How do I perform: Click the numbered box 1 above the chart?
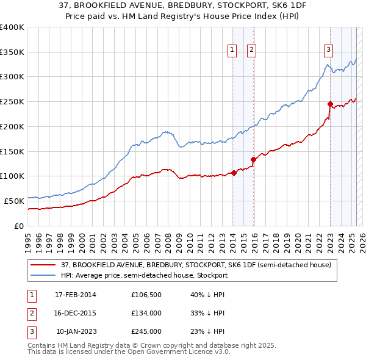pyautogui.click(x=232, y=51)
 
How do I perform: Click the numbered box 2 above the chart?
pyautogui.click(x=251, y=51)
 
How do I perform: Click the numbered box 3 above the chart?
pyautogui.click(x=328, y=51)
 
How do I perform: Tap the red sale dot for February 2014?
pyautogui.click(x=234, y=173)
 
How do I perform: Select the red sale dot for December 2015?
pyautogui.click(x=254, y=159)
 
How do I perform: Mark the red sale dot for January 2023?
pyautogui.click(x=330, y=104)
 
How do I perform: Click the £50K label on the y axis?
pyautogui.click(x=13, y=200)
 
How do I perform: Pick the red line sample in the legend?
pyautogui.click(x=43, y=265)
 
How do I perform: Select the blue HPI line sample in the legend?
pyautogui.click(x=43, y=275)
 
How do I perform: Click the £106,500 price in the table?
pyautogui.click(x=146, y=295)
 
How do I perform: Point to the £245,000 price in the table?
pyautogui.click(x=146, y=331)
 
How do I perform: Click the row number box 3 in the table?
pyautogui.click(x=29, y=331)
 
